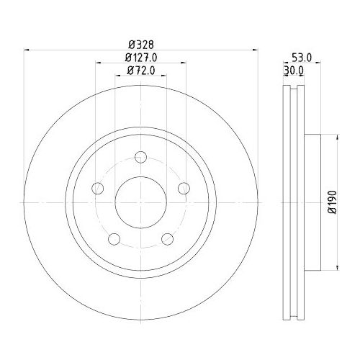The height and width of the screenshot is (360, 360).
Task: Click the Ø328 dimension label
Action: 141,43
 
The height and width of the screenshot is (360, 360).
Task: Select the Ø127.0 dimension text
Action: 141,57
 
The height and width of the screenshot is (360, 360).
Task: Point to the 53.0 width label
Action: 301,57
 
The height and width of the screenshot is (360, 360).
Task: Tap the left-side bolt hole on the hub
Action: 98,189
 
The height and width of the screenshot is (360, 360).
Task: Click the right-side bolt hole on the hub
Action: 184,189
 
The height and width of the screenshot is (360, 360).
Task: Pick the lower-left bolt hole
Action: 114,239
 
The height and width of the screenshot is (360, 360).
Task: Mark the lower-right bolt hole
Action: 168,239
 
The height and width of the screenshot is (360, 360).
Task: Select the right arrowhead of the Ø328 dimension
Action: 255,49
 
